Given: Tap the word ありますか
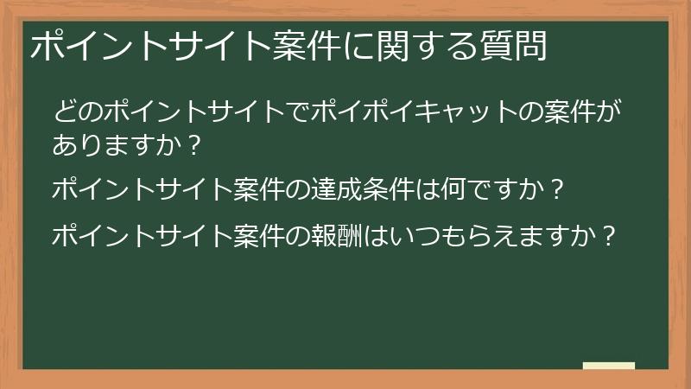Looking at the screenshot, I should (x=117, y=145).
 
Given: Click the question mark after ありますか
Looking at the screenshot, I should (x=193, y=145).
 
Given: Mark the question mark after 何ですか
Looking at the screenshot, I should (x=558, y=188).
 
